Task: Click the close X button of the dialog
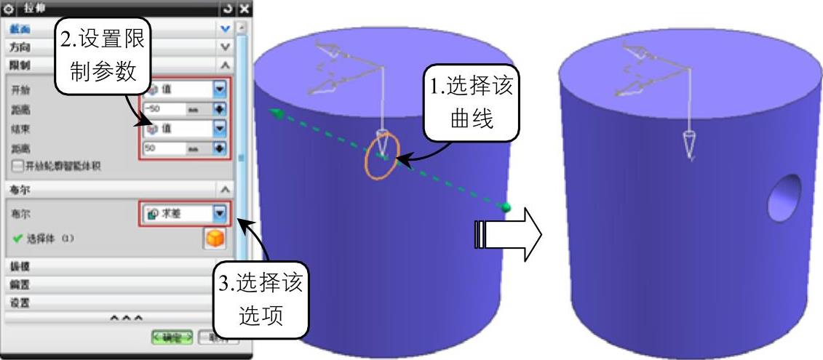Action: [244, 9]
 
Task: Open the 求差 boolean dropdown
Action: [219, 214]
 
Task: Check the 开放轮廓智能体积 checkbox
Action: [17, 166]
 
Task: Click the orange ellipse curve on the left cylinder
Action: [382, 154]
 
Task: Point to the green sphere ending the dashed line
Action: [506, 208]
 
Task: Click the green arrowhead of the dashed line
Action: [274, 111]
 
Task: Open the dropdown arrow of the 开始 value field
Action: [219, 89]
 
